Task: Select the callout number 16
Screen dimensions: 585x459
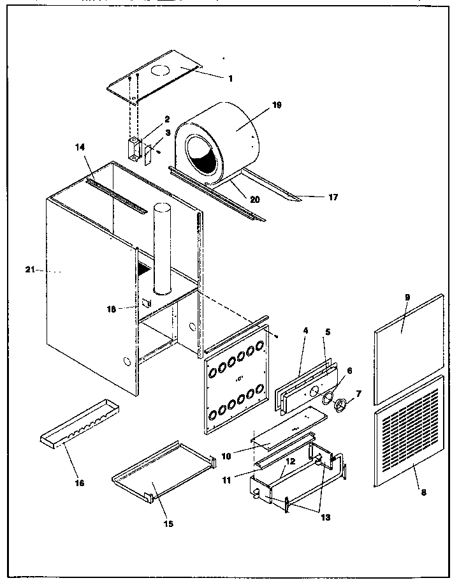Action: point(80,483)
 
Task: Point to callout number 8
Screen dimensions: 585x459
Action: point(423,492)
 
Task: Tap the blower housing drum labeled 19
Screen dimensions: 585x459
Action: point(229,137)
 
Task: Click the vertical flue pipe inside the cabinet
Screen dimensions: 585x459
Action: point(162,249)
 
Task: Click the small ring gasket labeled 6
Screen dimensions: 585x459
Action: point(329,399)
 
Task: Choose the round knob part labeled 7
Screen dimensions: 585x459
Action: point(342,404)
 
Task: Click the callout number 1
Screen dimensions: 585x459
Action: point(230,78)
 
